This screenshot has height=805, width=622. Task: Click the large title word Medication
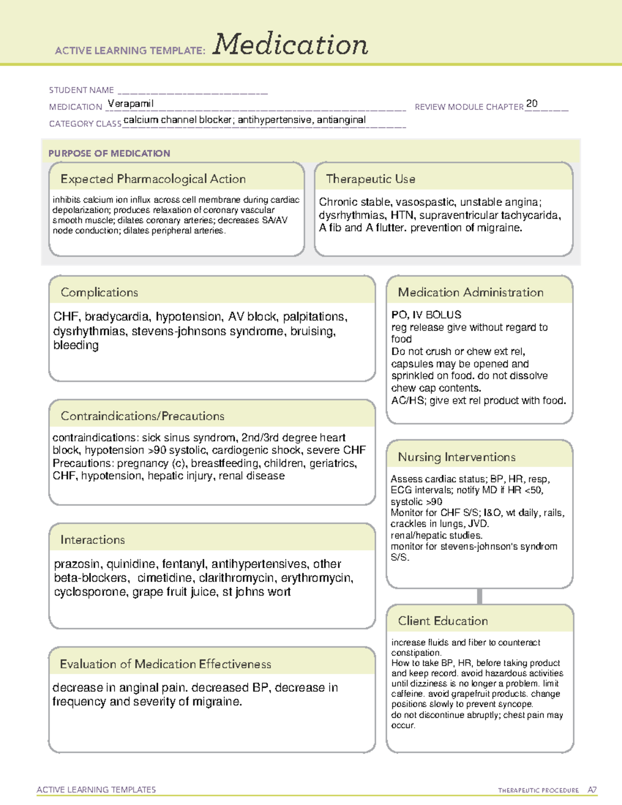click(x=290, y=45)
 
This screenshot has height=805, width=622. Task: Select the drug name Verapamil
click(x=131, y=104)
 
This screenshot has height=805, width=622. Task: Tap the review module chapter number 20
click(x=531, y=104)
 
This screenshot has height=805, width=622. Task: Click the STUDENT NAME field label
click(x=81, y=90)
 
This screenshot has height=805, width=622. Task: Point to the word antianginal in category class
click(x=341, y=120)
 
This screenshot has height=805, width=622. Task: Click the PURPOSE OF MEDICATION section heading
click(x=109, y=153)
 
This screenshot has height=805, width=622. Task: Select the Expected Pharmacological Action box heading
click(x=153, y=179)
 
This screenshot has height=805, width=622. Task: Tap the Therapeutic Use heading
click(x=370, y=179)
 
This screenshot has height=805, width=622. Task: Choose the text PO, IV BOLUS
click(x=426, y=315)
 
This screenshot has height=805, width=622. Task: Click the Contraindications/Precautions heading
click(x=142, y=416)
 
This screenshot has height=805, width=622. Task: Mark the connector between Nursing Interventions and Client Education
click(x=479, y=596)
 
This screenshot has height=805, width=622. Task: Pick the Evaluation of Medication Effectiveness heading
click(x=165, y=665)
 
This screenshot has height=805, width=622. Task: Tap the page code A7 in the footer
click(x=592, y=790)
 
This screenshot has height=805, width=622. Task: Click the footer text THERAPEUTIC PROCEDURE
click(x=538, y=790)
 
